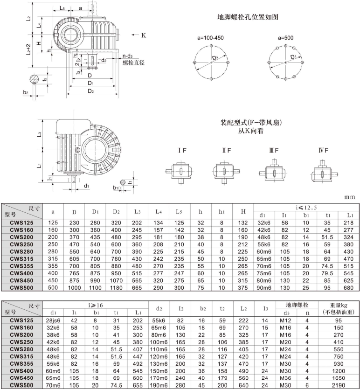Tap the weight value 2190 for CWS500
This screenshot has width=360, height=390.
[x=338, y=386]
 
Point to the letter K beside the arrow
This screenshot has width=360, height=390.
[x=144, y=35]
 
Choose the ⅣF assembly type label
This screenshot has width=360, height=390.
[x=324, y=150]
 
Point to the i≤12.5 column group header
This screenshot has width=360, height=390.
[x=306, y=207]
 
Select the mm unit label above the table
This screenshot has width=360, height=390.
[x=350, y=197]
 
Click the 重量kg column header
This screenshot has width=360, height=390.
[x=338, y=308]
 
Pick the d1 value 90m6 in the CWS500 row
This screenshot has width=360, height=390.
[x=262, y=287]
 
